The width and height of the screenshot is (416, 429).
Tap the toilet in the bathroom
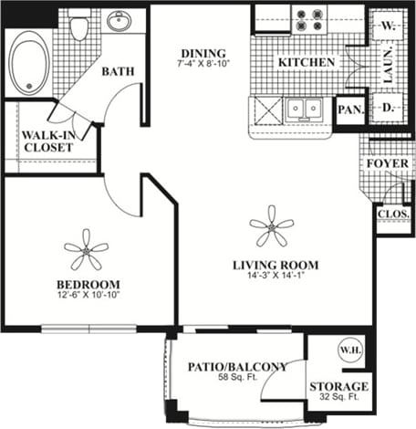click(x=78, y=27)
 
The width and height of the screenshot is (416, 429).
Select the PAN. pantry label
click(x=350, y=110)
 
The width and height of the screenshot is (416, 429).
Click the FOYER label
click(x=387, y=164)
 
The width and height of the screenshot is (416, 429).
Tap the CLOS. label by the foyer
click(x=394, y=216)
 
